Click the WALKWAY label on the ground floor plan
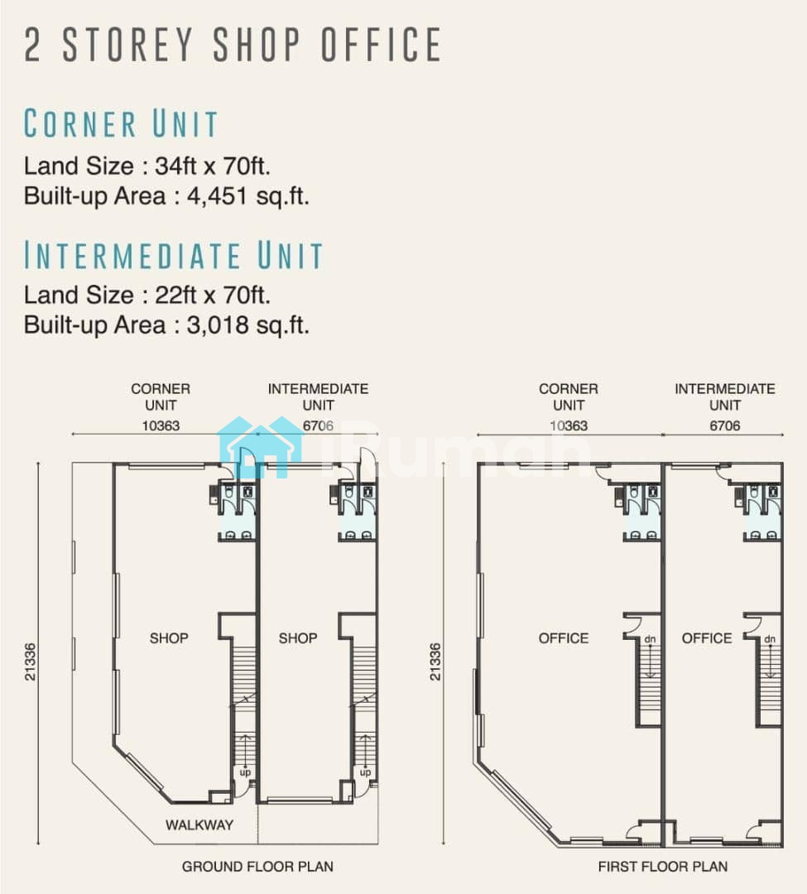click(199, 824)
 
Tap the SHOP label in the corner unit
click(169, 638)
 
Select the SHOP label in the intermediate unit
click(297, 638)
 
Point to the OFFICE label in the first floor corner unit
click(563, 638)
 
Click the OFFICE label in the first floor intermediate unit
click(707, 638)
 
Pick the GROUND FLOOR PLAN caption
click(257, 867)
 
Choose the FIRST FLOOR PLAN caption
click(663, 867)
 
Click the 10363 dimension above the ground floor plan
click(161, 425)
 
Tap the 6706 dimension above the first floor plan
click(725, 425)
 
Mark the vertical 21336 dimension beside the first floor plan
click(435, 661)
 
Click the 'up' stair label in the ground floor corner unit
click(245, 772)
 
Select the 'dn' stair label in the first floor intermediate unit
click(770, 638)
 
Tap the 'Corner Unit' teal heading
click(121, 123)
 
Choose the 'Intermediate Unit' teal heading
click(173, 255)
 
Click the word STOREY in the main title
click(128, 44)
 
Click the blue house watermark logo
click(261, 447)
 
